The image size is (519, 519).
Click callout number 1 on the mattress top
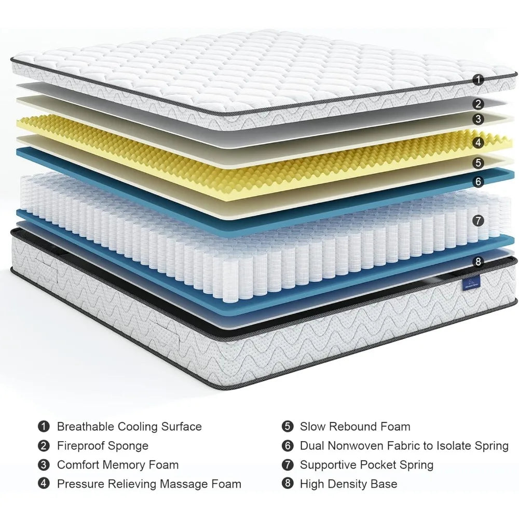tap(479, 80)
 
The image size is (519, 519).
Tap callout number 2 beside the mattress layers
tap(479, 104)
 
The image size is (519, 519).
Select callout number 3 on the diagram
tap(479, 119)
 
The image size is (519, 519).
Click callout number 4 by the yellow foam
tap(479, 142)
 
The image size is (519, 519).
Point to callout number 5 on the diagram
tap(479, 163)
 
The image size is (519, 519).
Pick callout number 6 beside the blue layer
tap(479, 182)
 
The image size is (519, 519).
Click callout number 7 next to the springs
tap(479, 220)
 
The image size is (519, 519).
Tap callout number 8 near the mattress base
tap(479, 262)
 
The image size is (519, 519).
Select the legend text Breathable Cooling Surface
tap(129, 427)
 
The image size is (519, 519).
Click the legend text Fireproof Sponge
tap(102, 446)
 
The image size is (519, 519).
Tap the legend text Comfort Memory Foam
tap(117, 465)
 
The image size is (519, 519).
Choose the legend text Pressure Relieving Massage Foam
tap(149, 484)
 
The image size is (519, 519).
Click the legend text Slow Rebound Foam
tap(355, 427)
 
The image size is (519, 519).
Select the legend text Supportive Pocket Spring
tap(366, 465)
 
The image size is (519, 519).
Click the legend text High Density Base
tap(348, 484)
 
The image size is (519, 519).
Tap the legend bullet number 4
tap(44, 484)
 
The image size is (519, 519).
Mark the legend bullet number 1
tap(44, 427)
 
